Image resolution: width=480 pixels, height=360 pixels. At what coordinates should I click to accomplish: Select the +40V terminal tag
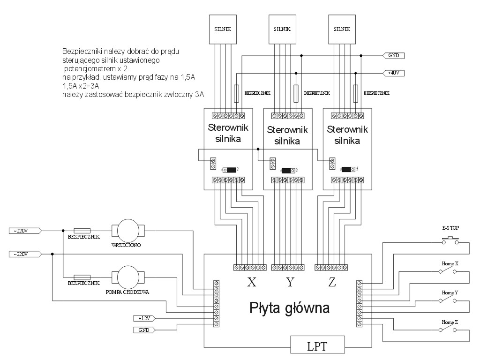pos(393,73)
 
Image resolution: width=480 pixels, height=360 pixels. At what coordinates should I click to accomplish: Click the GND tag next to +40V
pos(393,55)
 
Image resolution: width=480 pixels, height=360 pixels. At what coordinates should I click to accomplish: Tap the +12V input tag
pos(144,318)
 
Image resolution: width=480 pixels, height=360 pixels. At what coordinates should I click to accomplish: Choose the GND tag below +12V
pos(144,330)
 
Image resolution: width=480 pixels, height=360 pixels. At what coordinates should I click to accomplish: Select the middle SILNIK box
pos(281,29)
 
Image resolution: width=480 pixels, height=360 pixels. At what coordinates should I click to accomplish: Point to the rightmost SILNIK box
pos(341,29)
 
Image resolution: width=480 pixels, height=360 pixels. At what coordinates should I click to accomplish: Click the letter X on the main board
pos(251,282)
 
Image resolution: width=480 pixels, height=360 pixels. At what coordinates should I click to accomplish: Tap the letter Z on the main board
pos(332,282)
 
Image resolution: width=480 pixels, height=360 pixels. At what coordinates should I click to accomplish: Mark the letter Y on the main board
pos(291,282)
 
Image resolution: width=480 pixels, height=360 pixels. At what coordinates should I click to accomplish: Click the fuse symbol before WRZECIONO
pos(82,231)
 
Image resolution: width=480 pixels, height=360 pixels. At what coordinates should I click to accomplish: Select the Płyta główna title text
pos(289,308)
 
